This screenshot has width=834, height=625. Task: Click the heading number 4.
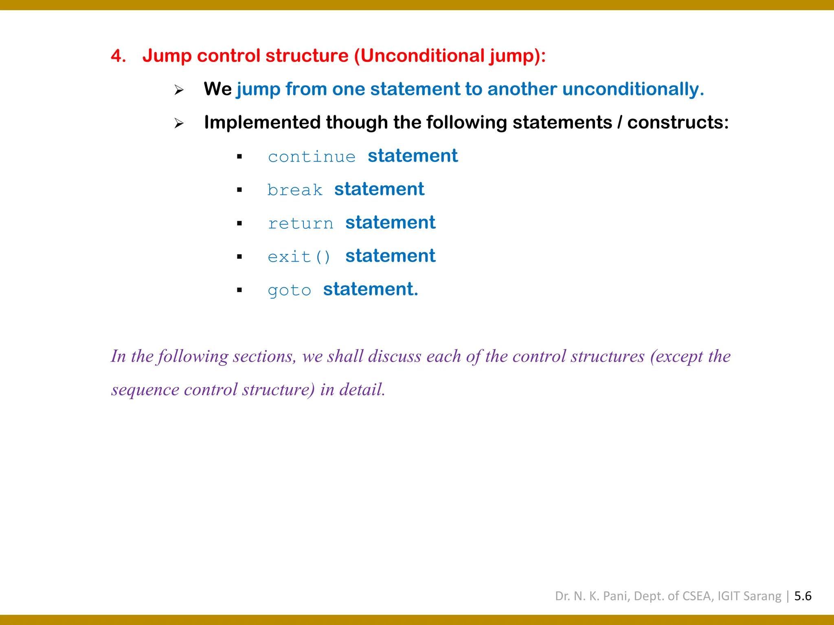(x=118, y=56)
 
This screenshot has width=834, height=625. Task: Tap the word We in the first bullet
(x=217, y=89)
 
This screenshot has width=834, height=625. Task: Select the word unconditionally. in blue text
(x=633, y=89)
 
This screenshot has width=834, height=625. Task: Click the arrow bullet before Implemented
(x=179, y=123)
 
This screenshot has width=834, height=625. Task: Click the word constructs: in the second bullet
(x=678, y=122)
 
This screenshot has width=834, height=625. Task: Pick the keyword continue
(x=312, y=157)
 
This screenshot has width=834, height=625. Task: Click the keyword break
(x=295, y=190)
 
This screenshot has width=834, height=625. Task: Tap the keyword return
(x=301, y=223)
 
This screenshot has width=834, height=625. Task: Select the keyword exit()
(x=299, y=257)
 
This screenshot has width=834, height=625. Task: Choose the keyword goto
(x=290, y=291)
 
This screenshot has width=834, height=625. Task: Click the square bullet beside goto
(x=239, y=290)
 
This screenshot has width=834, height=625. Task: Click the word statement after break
(x=379, y=189)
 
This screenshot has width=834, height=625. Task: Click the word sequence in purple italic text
(x=145, y=390)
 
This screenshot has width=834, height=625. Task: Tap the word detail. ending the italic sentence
(x=362, y=390)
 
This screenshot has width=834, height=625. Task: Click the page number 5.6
(x=803, y=596)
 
